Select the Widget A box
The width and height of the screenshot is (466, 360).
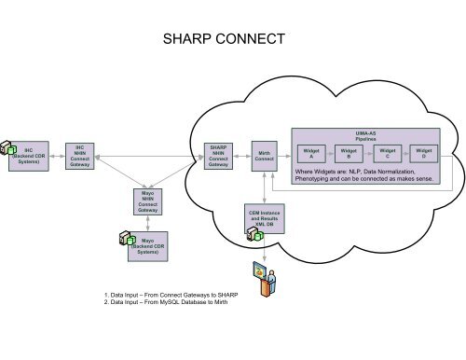pos(311,154)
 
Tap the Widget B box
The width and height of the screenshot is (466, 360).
pos(349,154)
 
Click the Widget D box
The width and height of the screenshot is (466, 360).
pos(424,154)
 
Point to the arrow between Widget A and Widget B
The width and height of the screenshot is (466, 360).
pos(330,155)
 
